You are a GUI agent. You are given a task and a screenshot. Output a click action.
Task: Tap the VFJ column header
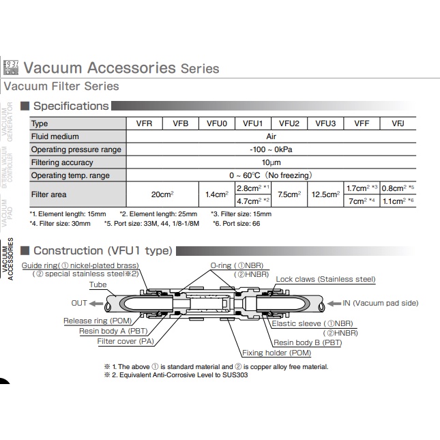pyautogui.click(x=398, y=123)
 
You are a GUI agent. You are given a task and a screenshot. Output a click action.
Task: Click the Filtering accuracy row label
pyautogui.click(x=63, y=162)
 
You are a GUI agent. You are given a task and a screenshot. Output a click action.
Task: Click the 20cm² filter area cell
pyautogui.click(x=162, y=194)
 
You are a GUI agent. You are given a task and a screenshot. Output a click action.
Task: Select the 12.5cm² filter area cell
pyautogui.click(x=325, y=194)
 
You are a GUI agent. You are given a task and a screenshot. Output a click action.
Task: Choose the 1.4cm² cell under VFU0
pyautogui.click(x=216, y=194)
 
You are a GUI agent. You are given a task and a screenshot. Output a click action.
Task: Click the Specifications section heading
pyautogui.click(x=71, y=106)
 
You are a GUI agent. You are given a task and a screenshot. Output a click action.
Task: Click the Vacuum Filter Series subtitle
pyautogui.click(x=61, y=87)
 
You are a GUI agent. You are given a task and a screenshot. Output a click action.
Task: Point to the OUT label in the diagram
pyautogui.click(x=79, y=303)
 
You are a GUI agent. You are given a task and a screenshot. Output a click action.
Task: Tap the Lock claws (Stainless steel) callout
pyautogui.click(x=325, y=279)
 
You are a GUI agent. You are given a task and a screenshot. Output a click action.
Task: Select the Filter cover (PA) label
pyautogui.click(x=126, y=341)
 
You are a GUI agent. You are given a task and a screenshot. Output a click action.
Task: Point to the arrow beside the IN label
pyautogui.click(x=335, y=303)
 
